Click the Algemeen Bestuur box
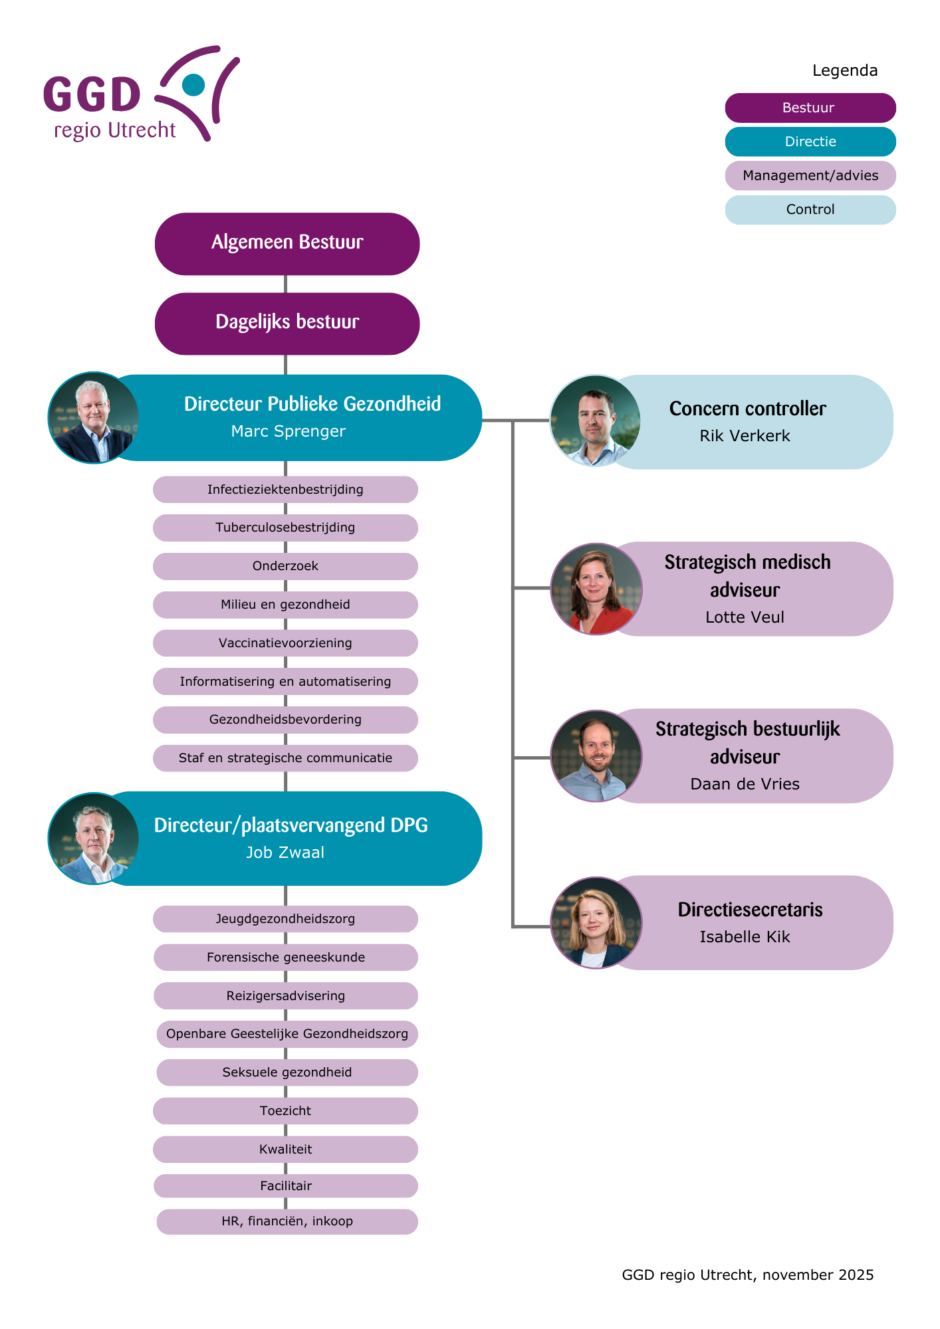coord(287,243)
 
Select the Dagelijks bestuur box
coord(287,323)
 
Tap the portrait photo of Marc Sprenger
coord(94,418)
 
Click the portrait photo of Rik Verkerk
coord(595,421)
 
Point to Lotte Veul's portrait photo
coord(596,589)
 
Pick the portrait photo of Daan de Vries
coord(596,756)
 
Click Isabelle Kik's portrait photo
coord(596,922)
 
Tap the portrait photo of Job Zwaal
coord(94,839)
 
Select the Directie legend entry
coord(810,142)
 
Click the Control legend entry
coord(810,209)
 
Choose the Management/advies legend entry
coord(810,175)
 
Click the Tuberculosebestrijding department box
coord(285,528)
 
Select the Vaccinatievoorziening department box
coord(285,643)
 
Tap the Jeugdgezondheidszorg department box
coord(285,919)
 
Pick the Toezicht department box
coord(285,1111)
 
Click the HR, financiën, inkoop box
coord(287,1221)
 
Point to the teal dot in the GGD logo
coord(193,84)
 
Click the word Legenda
coord(844,70)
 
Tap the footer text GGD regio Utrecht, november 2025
coord(747,1275)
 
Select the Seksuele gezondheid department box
coord(287,1073)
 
